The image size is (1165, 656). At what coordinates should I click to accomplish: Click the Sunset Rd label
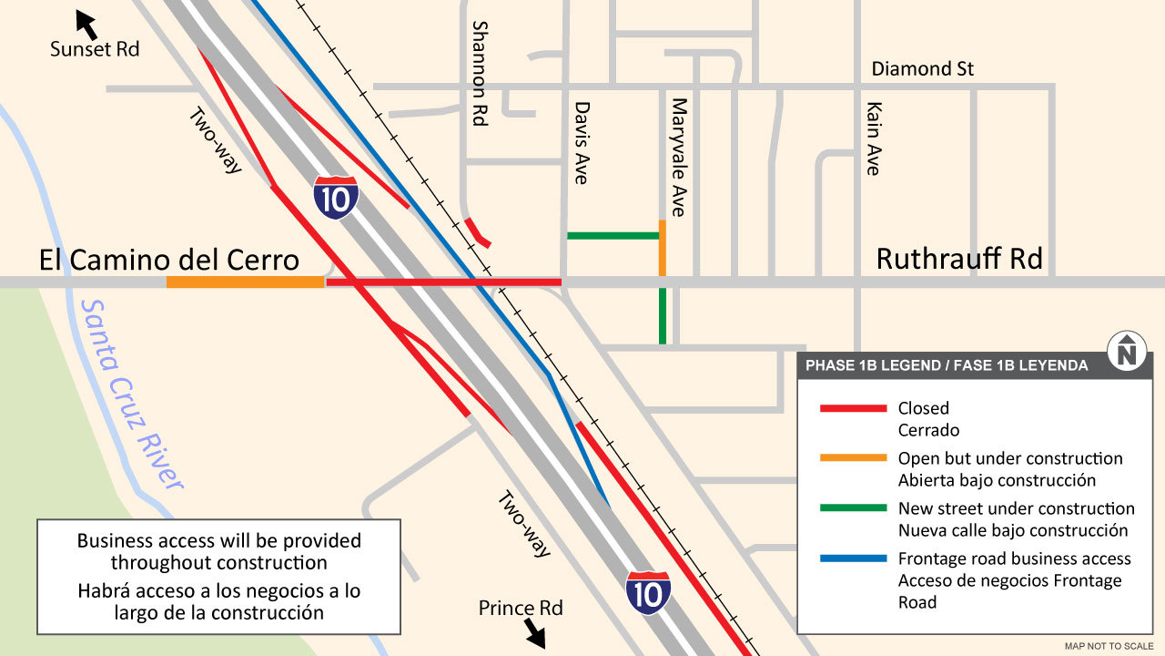pos(95,49)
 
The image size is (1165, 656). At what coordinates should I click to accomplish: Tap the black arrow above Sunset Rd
pos(86,24)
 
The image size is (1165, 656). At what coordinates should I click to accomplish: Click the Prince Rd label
pos(521,608)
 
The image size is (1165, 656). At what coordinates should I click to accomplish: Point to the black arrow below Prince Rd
pos(534,634)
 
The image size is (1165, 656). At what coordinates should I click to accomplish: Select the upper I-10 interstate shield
pos(336,198)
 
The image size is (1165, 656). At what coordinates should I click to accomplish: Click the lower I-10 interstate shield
pos(648,592)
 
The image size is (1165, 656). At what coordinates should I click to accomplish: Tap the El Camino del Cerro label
pos(169,260)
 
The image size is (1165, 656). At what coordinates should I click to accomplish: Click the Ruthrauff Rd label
pos(958,259)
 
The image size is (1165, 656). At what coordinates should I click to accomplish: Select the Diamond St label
pos(922,69)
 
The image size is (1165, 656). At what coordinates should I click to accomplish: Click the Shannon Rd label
pos(480,73)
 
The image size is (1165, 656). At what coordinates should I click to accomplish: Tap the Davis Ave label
pos(581,142)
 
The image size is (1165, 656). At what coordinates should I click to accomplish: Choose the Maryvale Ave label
pos(678,157)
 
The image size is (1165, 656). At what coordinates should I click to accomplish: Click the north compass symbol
pos(1127,351)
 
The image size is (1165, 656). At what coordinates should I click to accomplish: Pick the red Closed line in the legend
pos(853,408)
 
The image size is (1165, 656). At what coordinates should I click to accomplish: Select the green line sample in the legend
pos(853,507)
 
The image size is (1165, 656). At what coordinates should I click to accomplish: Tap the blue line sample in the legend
pos(853,559)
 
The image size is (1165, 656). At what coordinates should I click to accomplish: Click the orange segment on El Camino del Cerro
pos(245,282)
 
